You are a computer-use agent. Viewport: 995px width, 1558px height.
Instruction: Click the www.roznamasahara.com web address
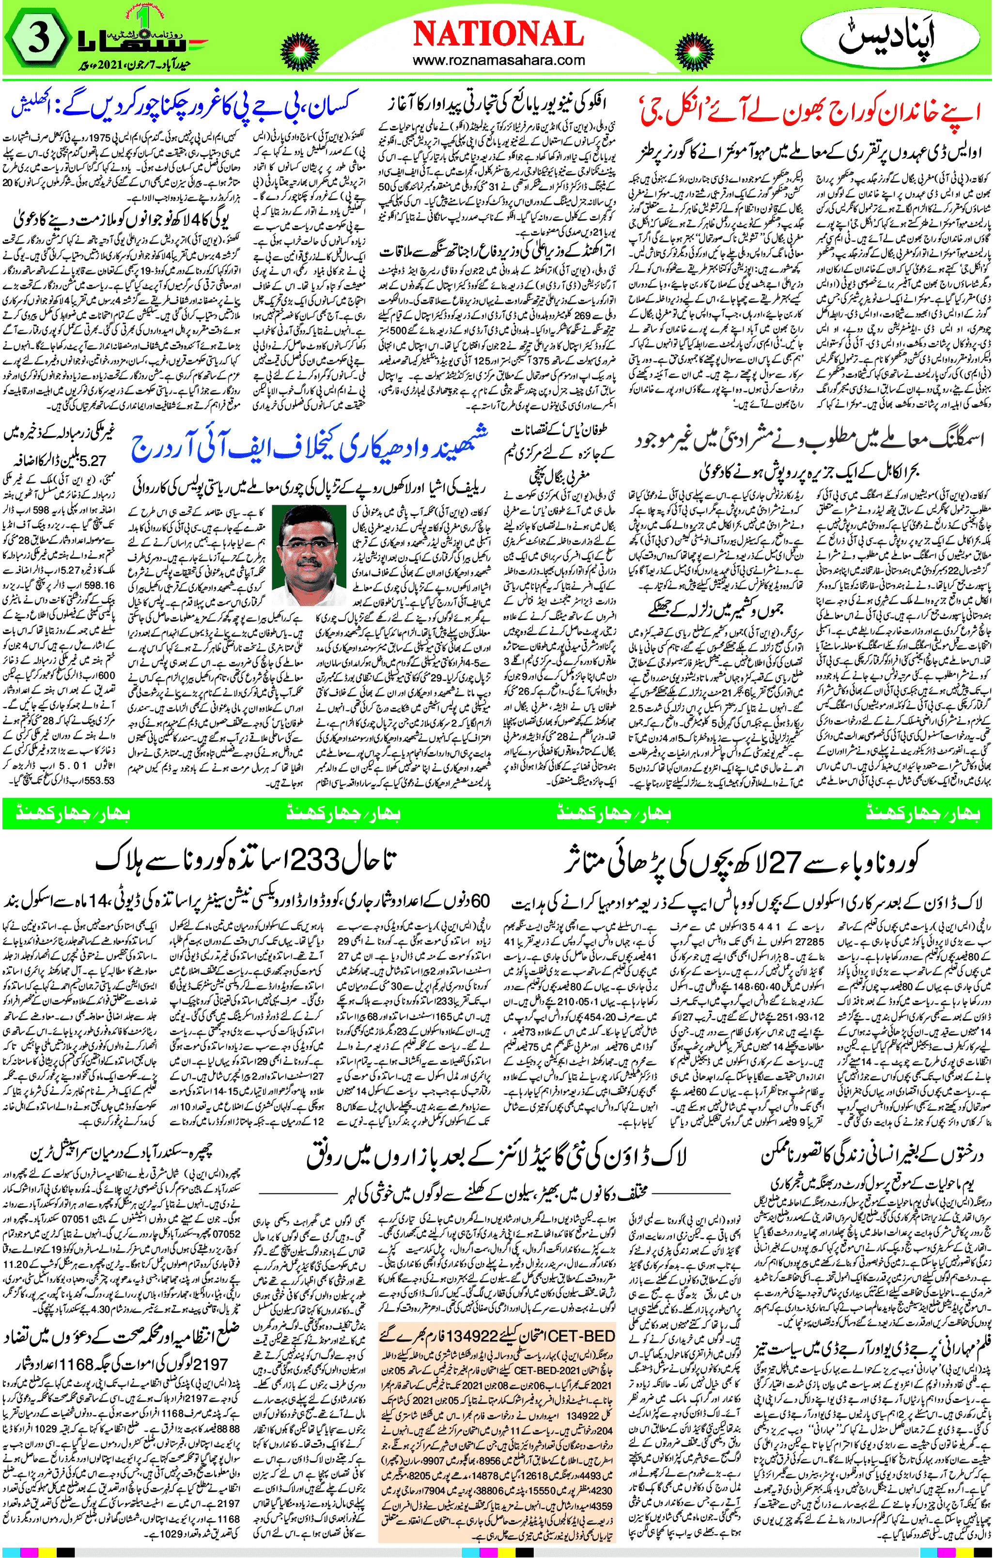497,62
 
